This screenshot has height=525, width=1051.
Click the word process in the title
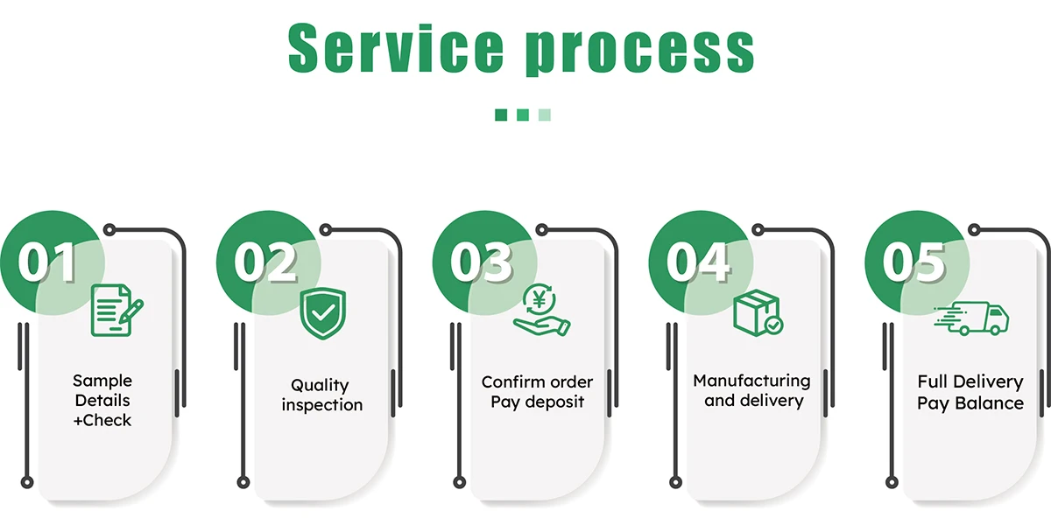pos(640,51)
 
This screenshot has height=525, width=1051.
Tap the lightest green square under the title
pos(545,115)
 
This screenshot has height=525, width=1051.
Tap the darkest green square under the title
pos(501,115)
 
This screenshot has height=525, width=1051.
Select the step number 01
pos(47,260)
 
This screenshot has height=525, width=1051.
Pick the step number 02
pos(265,260)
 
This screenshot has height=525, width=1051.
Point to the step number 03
pos(481,260)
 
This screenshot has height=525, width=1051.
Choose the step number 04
pos(698,260)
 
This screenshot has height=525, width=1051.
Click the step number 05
pos(914,260)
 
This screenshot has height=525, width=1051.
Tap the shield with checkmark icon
pos(322,313)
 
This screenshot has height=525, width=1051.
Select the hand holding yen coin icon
pos(540,311)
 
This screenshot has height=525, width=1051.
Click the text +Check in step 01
pos(102,421)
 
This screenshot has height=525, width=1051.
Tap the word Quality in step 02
pos(320,385)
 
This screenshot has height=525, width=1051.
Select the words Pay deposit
pos(537,402)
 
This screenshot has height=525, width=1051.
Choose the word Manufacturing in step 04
pos(751,381)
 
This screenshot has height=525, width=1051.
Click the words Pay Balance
pos(970,403)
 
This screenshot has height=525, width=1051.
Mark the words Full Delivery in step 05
pos(970,382)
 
